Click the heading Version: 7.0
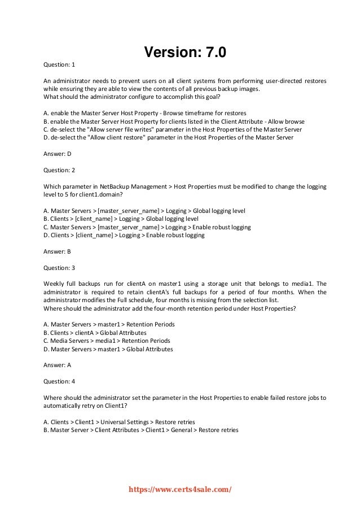(x=185, y=53)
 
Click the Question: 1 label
(x=59, y=64)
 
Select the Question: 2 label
(x=59, y=169)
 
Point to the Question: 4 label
(x=59, y=381)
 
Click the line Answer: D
(x=58, y=154)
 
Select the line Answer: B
(x=58, y=251)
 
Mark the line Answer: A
(x=58, y=365)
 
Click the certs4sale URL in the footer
(x=181, y=490)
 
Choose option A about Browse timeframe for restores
(x=144, y=113)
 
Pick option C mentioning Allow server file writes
(x=172, y=129)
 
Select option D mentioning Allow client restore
(x=168, y=137)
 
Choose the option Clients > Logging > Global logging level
(x=121, y=219)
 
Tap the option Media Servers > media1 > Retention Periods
(x=107, y=341)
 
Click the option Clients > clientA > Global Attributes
(x=95, y=333)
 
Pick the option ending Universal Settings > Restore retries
(x=119, y=422)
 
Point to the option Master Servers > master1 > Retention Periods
(x=109, y=325)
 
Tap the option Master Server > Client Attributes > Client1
(x=141, y=430)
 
